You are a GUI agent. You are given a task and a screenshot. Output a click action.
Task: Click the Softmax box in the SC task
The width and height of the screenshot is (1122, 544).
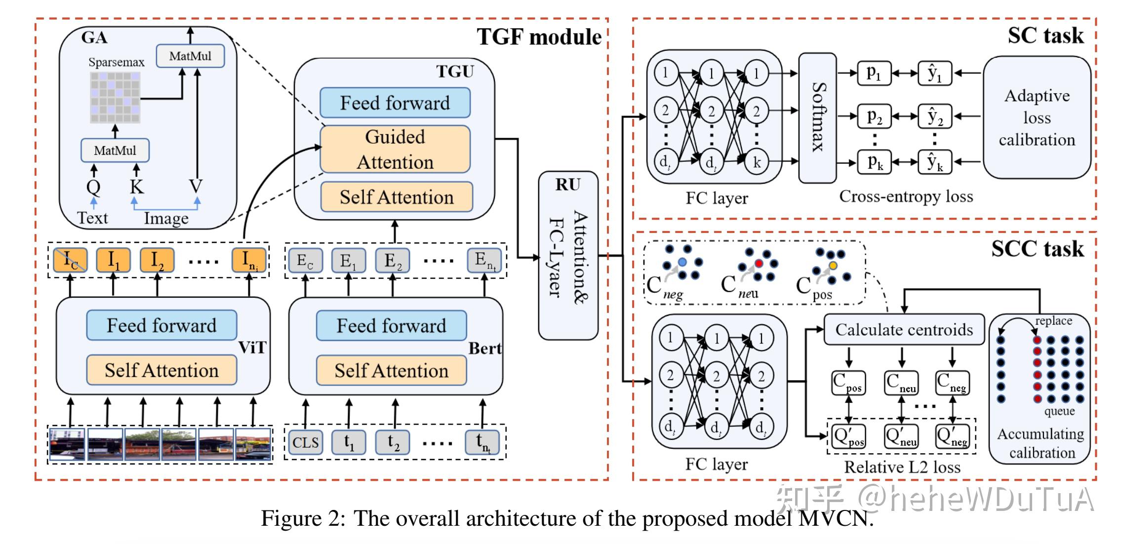817,117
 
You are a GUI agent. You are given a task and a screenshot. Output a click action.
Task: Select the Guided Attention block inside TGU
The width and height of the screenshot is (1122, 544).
395,149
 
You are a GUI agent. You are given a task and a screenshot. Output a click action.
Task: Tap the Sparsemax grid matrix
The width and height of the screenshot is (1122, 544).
115,97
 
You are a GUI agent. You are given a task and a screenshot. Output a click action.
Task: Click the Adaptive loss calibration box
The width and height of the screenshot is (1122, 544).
1037,117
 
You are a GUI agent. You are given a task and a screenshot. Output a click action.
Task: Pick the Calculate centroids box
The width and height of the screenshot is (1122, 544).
904,330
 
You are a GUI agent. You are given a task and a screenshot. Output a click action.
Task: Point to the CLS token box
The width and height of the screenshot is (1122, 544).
305,442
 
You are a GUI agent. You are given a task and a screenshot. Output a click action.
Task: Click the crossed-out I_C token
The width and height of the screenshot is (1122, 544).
70,260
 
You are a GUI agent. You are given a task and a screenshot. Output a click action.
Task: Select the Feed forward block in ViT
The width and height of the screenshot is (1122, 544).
161,325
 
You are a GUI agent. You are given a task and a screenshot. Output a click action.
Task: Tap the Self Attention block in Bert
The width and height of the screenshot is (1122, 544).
391,371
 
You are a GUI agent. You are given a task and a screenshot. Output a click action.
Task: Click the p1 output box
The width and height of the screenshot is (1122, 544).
874,74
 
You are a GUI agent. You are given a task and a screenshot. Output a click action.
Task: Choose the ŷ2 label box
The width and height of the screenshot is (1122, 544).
935,117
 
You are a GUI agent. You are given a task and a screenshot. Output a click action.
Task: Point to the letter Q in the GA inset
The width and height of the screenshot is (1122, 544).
93,187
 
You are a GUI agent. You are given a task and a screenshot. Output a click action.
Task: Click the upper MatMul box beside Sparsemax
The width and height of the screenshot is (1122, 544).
190,56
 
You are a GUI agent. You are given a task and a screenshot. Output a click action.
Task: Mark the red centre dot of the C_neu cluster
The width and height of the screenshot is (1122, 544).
759,264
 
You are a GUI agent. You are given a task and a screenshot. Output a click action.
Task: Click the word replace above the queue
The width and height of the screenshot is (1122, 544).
1053,321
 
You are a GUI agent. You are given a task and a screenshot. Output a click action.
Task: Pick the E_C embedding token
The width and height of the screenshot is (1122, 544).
305,260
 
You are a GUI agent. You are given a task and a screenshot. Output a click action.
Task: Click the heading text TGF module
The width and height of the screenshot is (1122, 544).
539,37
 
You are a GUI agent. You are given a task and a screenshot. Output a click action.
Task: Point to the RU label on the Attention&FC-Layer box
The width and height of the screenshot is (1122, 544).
567,185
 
